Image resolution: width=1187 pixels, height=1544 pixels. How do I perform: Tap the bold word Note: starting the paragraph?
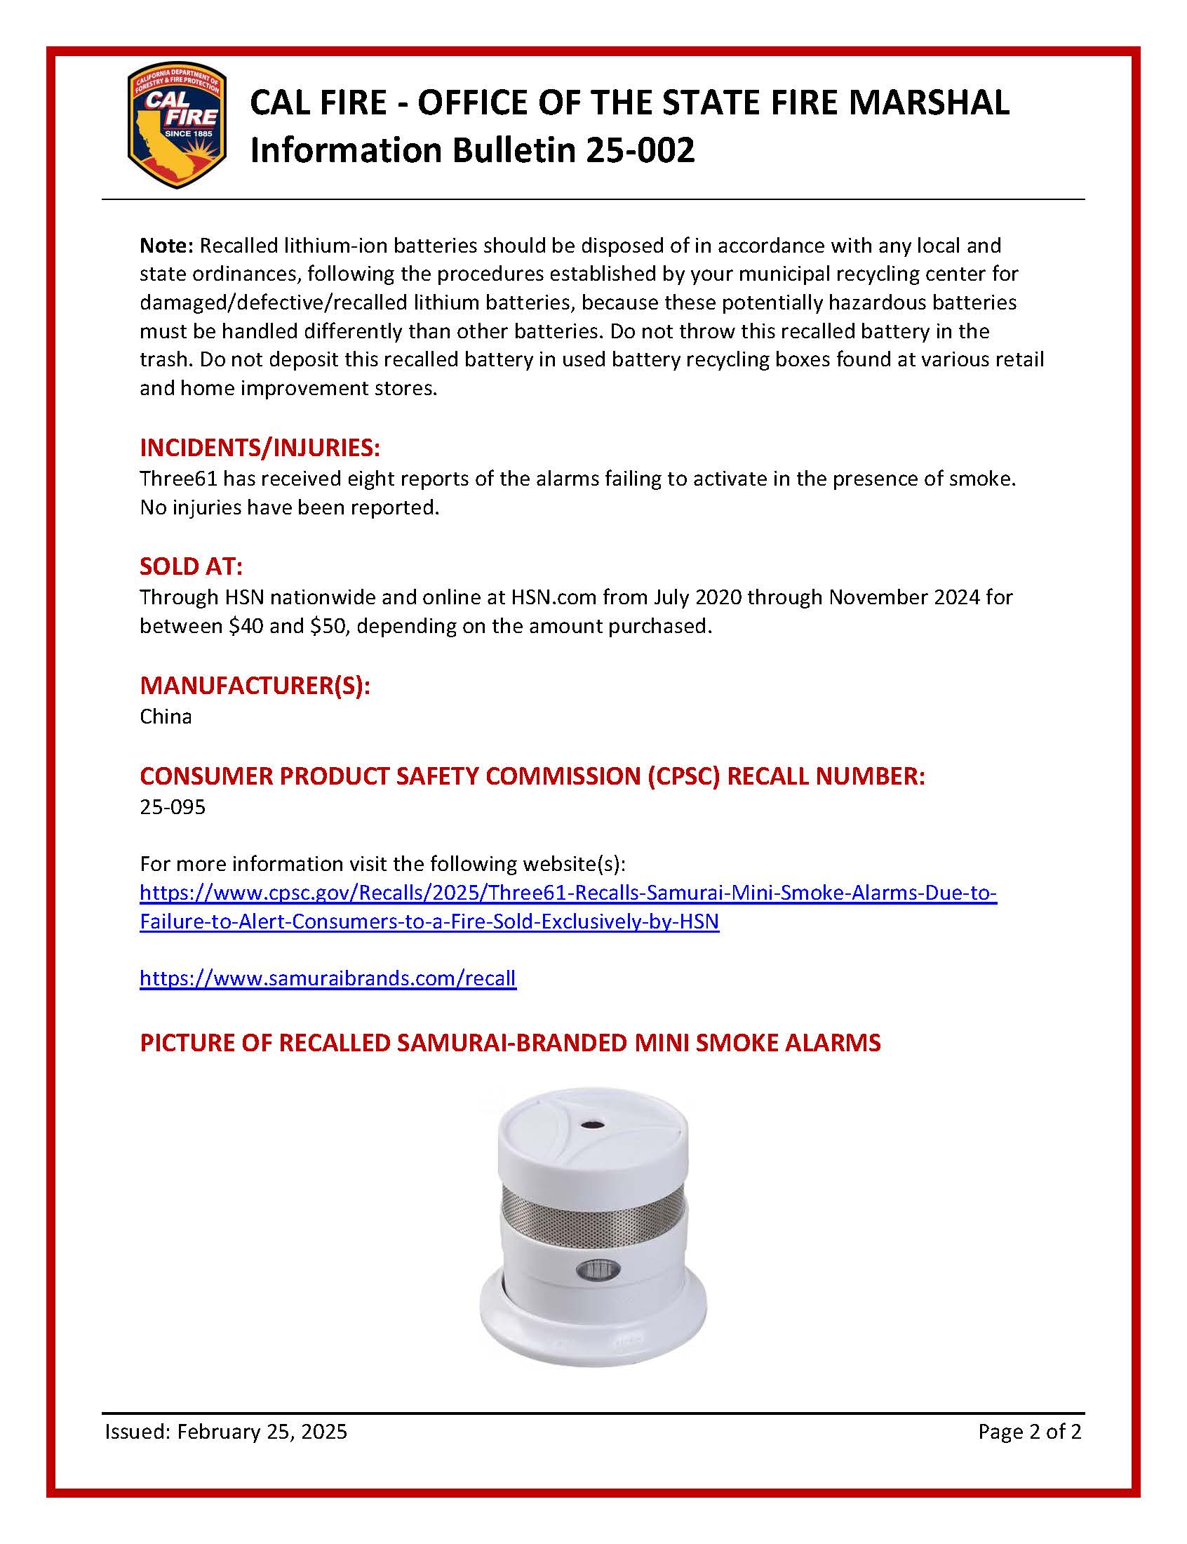167,246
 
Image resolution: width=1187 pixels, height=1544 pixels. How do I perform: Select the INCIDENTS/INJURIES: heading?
260,447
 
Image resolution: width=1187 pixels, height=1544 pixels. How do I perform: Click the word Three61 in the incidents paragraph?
173,479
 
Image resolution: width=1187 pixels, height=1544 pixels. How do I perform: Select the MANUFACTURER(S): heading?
255,686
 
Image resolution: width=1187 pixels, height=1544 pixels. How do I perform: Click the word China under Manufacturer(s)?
166,717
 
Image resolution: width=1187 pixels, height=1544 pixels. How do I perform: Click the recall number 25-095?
173,807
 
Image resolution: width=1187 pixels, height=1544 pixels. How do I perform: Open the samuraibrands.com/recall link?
328,978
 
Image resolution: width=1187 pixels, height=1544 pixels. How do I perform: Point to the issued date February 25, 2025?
262,1432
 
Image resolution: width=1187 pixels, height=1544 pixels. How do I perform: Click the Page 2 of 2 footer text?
1028,1432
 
